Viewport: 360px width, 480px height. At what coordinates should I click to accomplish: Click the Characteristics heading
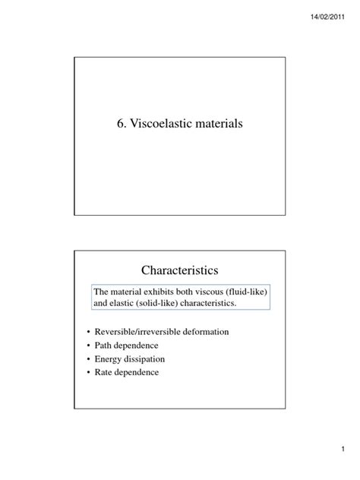179,270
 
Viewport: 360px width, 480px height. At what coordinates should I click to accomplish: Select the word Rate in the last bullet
104,372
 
